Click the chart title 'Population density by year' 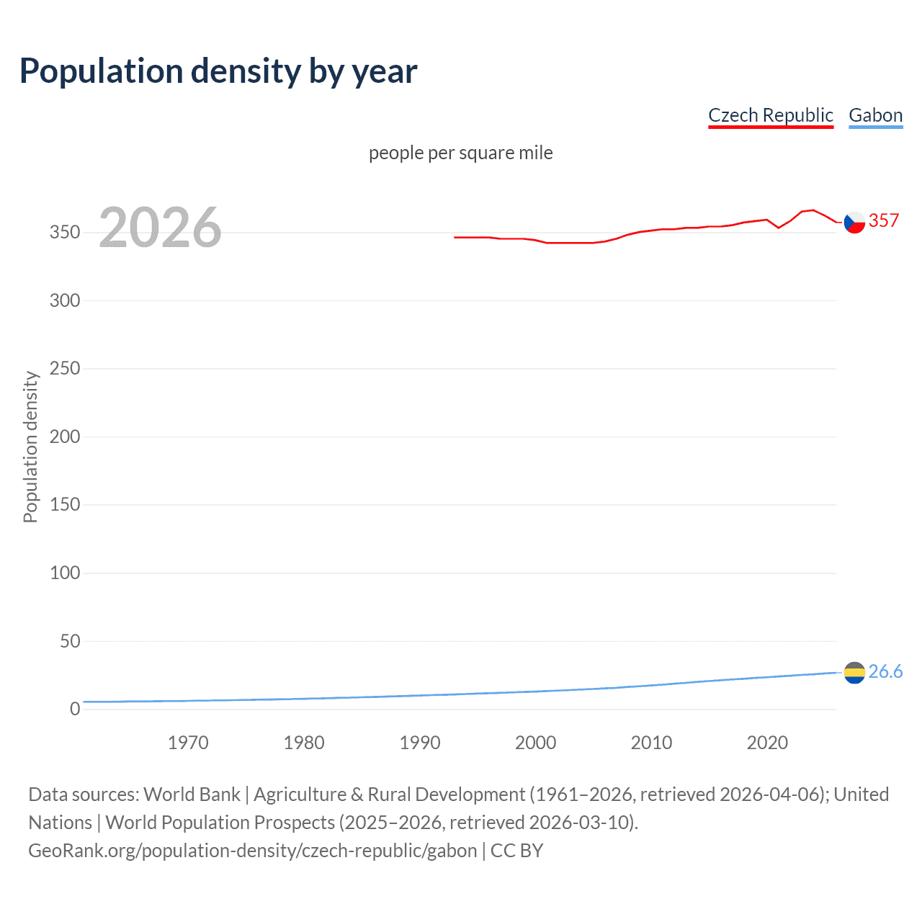[218, 71]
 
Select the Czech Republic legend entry [770, 115]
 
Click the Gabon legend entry [875, 115]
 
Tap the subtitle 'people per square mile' [460, 153]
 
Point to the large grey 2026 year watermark [160, 228]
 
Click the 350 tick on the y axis [65, 233]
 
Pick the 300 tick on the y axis [65, 300]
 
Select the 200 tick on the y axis [65, 437]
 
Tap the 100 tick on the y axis [65, 573]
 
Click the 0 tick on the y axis [75, 709]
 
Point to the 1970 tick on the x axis [188, 743]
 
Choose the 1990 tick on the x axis [420, 743]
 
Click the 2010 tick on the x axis [651, 743]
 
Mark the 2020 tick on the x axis [767, 743]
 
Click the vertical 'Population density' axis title [30, 447]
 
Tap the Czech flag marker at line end [854, 223]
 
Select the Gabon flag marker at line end [854, 673]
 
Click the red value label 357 [884, 221]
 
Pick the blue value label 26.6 [885, 671]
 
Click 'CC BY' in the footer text [516, 851]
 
